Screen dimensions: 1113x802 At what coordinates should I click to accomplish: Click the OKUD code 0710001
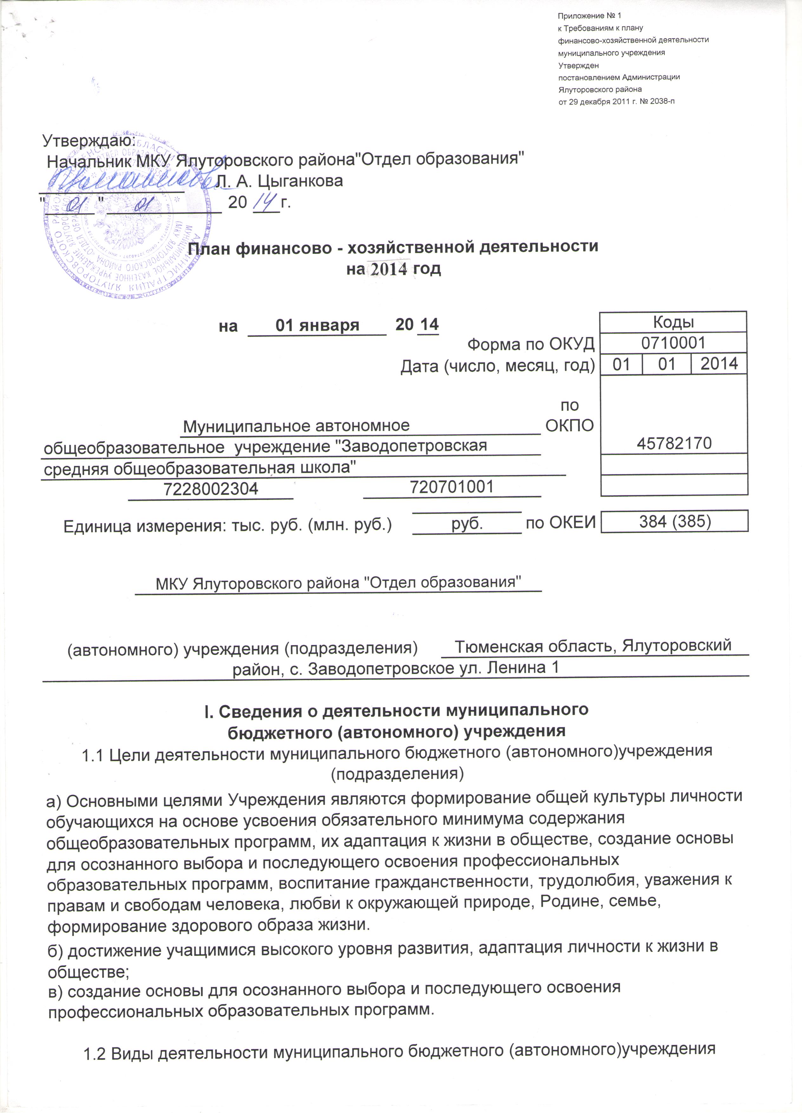(x=673, y=342)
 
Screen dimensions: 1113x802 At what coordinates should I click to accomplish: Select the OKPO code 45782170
(x=674, y=443)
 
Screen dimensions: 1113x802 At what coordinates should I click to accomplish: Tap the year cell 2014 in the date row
(x=719, y=364)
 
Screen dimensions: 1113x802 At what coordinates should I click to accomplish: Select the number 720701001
(x=452, y=486)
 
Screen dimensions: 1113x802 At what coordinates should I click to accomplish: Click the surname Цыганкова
(x=300, y=181)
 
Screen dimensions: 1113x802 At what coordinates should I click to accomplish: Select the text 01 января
(x=317, y=325)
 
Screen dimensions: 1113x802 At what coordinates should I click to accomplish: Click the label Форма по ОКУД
(x=531, y=344)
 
